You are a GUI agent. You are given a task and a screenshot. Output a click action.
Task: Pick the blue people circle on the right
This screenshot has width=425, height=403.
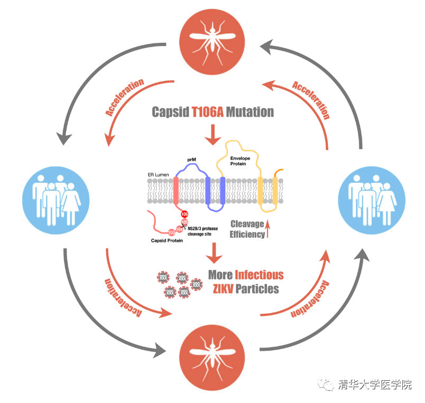(369, 196)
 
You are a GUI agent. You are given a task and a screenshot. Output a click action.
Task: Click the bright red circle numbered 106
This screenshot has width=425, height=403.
(184, 214)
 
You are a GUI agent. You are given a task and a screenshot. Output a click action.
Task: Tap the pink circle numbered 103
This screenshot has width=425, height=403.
(171, 232)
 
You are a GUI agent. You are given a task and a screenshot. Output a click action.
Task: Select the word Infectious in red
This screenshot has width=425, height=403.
(259, 275)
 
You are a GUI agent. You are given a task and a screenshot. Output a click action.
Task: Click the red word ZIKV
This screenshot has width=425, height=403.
(223, 289)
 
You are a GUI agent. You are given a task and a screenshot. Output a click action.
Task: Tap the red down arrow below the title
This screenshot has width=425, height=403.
(213, 135)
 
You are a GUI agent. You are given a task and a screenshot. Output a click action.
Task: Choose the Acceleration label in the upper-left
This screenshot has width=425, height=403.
(125, 97)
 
